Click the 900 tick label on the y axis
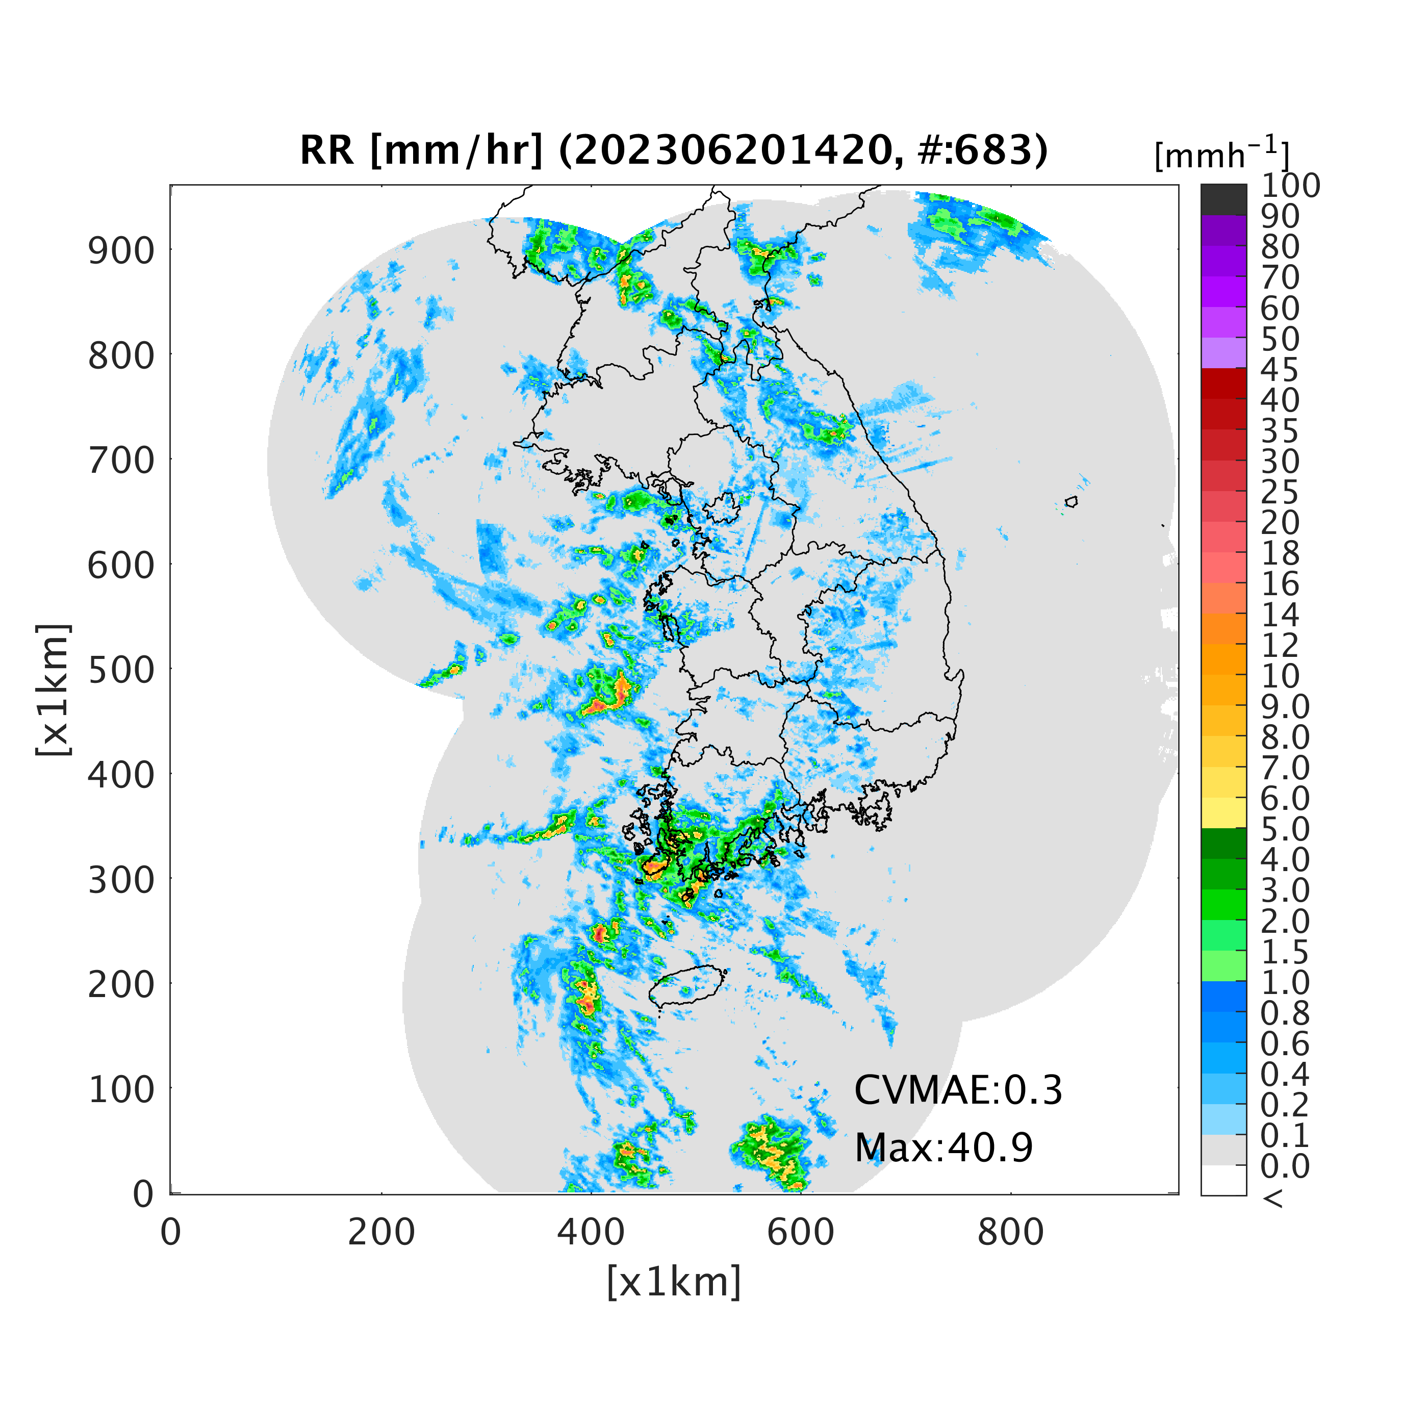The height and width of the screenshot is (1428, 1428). (x=122, y=251)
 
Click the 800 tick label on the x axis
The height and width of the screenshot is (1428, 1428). (x=1010, y=1232)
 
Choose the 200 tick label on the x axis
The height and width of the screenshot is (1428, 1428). (x=381, y=1232)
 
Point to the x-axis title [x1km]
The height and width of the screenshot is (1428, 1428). (x=673, y=1282)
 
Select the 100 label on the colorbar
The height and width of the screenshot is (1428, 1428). (x=1290, y=186)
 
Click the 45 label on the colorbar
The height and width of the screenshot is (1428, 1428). (x=1280, y=370)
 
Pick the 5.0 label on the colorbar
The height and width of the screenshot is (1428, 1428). (x=1285, y=829)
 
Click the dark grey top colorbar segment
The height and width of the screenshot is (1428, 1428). (x=1223, y=199)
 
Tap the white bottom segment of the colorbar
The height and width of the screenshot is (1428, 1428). (x=1223, y=1180)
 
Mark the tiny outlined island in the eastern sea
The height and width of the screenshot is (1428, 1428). (x=1071, y=502)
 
